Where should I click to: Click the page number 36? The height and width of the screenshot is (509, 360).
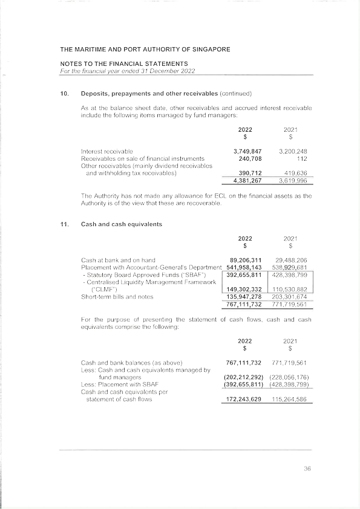307,468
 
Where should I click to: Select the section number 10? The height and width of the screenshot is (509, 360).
64,94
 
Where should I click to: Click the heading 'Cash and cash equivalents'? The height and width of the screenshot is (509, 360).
121,224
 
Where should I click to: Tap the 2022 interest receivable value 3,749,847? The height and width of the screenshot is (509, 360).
247,151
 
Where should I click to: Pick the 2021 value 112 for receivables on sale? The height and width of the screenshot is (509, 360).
302,158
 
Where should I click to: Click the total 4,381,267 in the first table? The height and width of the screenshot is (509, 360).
247,180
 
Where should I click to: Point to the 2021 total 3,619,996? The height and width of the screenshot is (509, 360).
293,180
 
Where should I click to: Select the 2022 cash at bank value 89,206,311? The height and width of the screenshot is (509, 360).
246,260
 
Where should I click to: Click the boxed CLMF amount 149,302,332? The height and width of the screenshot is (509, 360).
244,289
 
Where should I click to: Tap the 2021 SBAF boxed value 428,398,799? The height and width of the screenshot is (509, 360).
289,274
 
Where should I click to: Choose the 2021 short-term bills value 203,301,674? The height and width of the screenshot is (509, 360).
289,296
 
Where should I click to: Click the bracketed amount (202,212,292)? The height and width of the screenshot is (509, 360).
244,377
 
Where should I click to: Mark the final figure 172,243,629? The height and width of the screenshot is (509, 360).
244,399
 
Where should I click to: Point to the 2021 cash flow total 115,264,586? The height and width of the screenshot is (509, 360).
289,399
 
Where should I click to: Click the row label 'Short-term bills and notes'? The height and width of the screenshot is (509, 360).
117,296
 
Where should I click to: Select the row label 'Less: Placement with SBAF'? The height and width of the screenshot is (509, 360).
120,384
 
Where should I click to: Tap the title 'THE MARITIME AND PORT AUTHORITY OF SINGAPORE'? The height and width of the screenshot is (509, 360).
145,50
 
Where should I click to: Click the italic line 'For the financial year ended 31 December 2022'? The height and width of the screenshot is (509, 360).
128,71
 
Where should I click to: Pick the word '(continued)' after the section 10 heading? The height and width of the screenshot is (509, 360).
235,94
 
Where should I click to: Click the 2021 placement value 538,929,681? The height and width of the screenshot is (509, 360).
289,267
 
